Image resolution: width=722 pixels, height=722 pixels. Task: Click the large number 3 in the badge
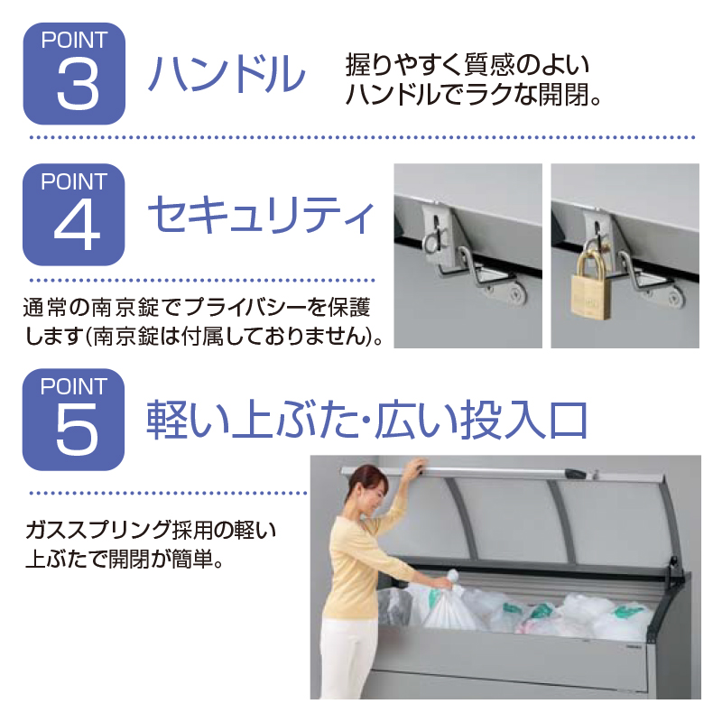coord(78,84)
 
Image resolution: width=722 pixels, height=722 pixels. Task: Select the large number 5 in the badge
coord(77,430)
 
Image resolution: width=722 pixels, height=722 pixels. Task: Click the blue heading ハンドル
coord(227,74)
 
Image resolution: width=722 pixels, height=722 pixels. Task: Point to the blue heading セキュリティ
coord(261,215)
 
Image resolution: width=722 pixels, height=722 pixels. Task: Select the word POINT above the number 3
coord(74,40)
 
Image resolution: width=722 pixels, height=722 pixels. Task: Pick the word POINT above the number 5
coord(74,386)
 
